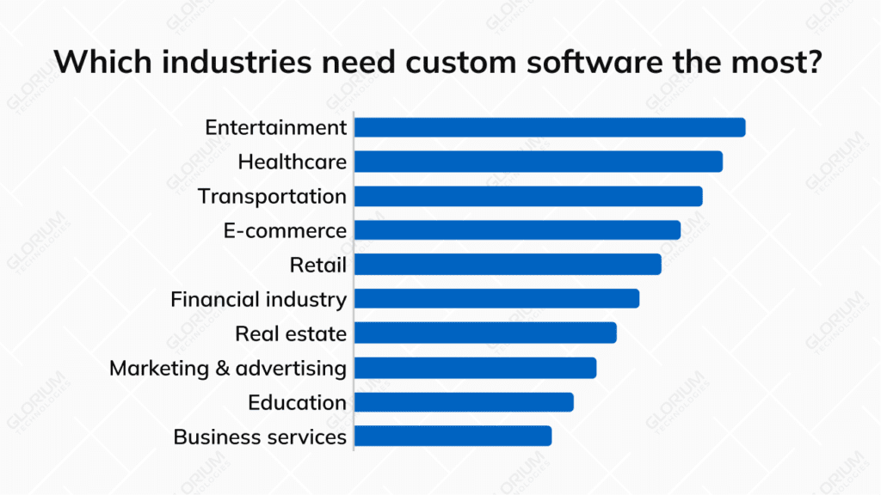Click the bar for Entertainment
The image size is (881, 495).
point(549,127)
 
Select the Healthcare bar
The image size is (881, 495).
point(538,162)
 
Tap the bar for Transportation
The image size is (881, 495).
point(527,196)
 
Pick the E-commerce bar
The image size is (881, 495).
point(517,230)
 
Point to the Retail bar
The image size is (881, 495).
point(508,265)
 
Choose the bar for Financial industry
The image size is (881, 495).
point(496,299)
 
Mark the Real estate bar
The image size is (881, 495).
point(485,333)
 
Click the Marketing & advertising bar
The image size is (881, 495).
point(475,368)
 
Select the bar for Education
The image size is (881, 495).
point(464,402)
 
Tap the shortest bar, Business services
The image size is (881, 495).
point(453,437)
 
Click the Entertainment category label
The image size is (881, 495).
point(275,127)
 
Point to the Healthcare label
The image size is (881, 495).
point(292,162)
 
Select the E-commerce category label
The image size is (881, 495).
point(285,230)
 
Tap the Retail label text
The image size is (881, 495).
point(317,265)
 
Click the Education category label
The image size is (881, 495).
point(297,402)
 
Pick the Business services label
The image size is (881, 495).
point(260,437)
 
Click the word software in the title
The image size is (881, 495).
point(569,62)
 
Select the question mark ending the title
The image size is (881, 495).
point(816,62)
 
